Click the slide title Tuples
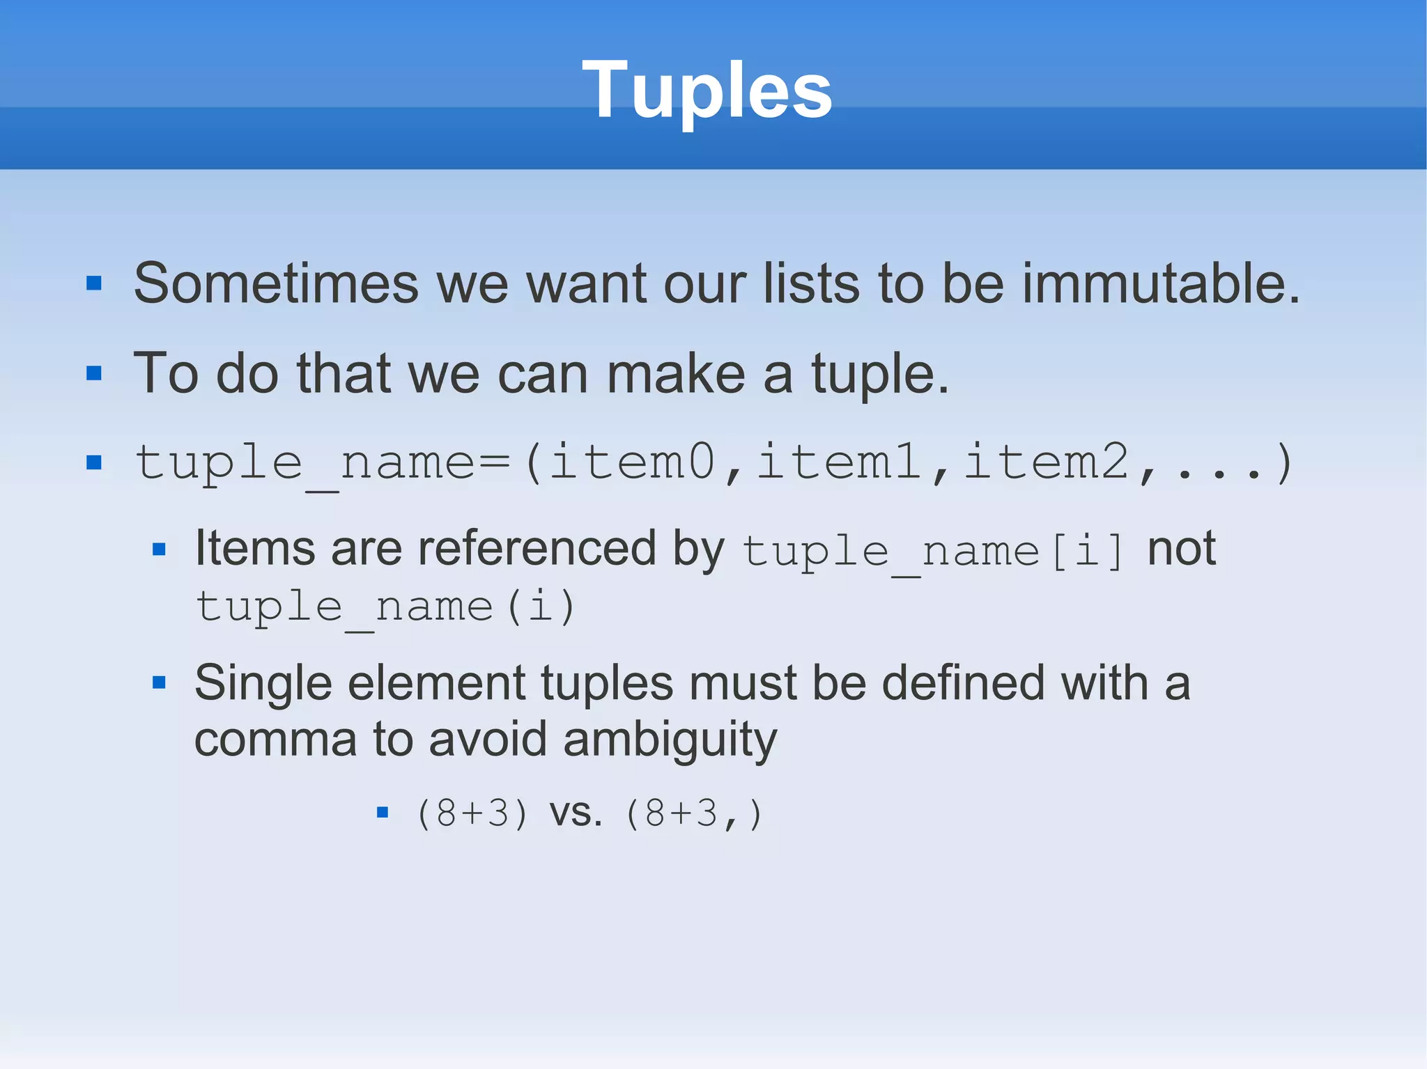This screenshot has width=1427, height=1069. pyautogui.click(x=707, y=90)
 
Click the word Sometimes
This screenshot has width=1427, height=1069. pyautogui.click(x=276, y=284)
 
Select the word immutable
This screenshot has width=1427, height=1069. pyautogui.click(x=1161, y=284)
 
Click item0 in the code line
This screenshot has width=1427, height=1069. pyautogui.click(x=632, y=462)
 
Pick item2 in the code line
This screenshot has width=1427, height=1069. pyautogui.click(x=1045, y=462)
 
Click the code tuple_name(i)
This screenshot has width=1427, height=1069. pyautogui.click(x=385, y=608)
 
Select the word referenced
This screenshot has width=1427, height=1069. pyautogui.click(x=537, y=549)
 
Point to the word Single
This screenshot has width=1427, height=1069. pyautogui.click(x=263, y=684)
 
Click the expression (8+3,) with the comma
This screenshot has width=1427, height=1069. pyautogui.click(x=694, y=813)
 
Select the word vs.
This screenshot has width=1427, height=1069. pyautogui.click(x=576, y=813)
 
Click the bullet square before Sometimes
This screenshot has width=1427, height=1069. pyautogui.click(x=94, y=283)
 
